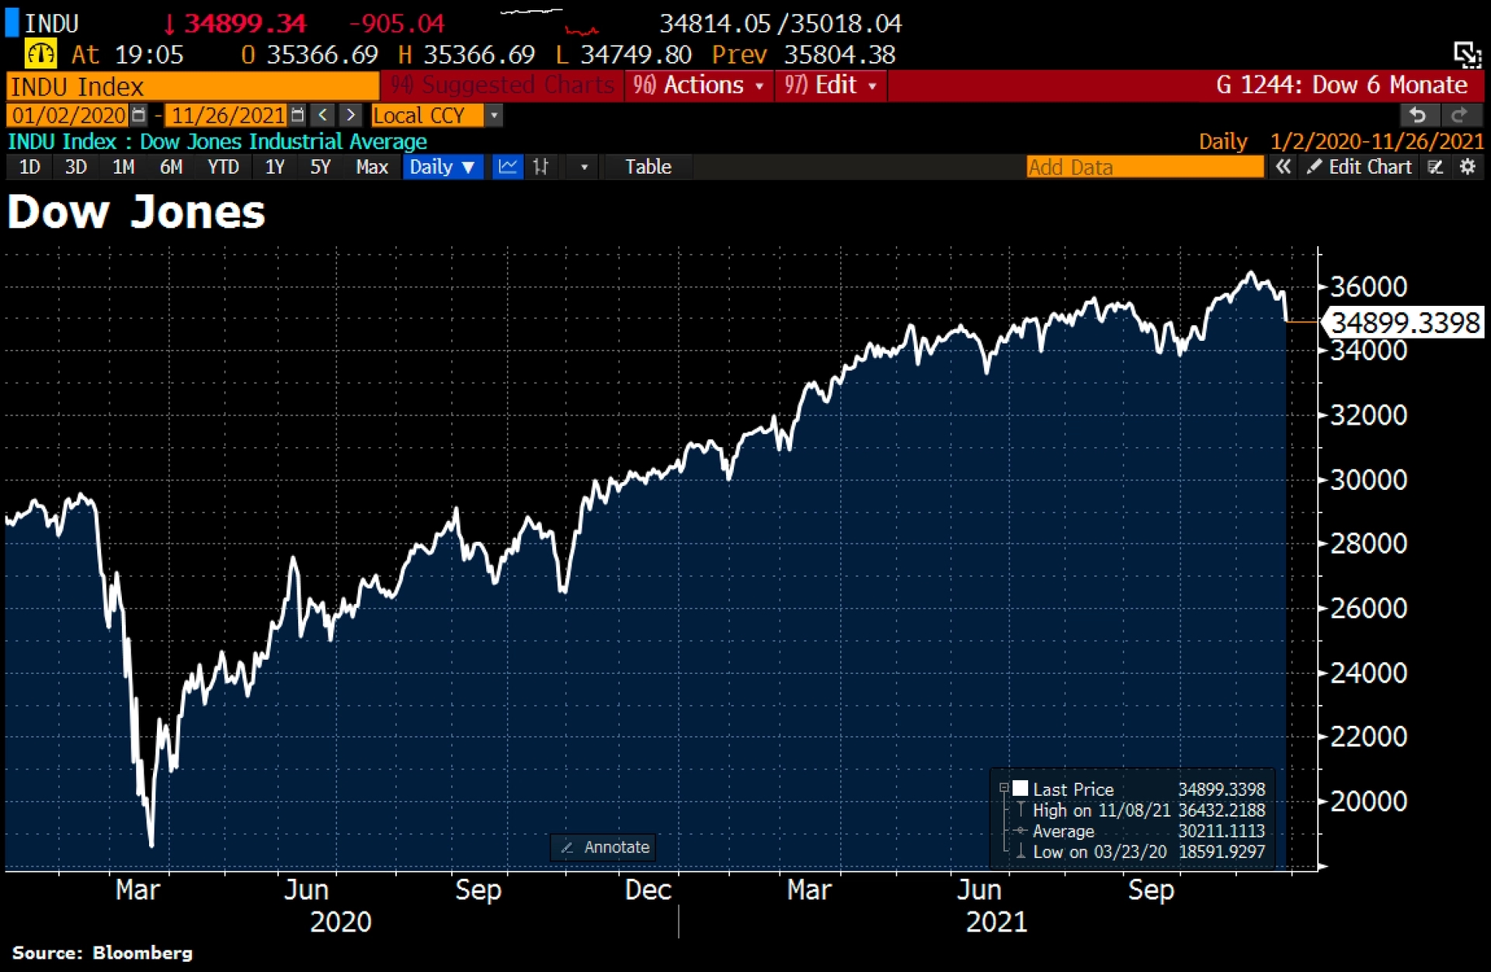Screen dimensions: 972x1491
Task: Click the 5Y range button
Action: [x=320, y=167]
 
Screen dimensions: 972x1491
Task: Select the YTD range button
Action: [x=223, y=167]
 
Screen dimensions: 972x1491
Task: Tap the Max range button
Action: [x=371, y=167]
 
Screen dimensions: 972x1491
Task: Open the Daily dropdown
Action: [x=442, y=167]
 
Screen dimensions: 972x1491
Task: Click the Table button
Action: [x=648, y=167]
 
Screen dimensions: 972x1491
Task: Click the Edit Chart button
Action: [x=1361, y=167]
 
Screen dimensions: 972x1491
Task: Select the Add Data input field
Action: [x=1144, y=167]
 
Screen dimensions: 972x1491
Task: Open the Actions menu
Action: [x=697, y=85]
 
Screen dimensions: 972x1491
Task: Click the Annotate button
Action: [x=604, y=847]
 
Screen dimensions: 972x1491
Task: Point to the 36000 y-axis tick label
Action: [x=1368, y=287]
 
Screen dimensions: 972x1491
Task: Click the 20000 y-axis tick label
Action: [x=1368, y=801]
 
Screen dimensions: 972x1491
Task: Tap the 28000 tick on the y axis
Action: [x=1368, y=543]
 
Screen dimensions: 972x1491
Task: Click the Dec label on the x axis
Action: [x=648, y=890]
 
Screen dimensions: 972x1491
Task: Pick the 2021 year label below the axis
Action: [x=996, y=922]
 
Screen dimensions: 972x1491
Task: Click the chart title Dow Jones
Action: [x=137, y=213]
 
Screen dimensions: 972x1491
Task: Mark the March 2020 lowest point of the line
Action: [x=151, y=845]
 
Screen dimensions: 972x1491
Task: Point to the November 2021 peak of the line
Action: [x=1250, y=273]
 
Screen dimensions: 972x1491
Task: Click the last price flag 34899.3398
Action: [x=1405, y=322]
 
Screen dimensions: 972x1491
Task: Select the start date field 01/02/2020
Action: [x=69, y=116]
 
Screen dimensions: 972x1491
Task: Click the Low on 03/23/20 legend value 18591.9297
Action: [x=1222, y=852]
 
